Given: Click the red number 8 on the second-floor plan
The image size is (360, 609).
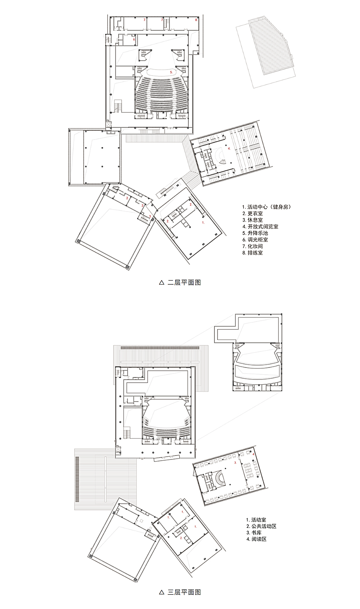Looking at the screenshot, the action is point(196,20).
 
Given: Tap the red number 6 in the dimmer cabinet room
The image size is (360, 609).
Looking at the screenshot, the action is point(134,39).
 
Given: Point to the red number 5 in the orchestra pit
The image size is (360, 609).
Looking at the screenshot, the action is point(171,72).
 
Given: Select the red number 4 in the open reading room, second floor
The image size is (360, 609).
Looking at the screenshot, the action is point(229,148).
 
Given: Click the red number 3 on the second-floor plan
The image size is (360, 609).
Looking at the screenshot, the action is point(150,216).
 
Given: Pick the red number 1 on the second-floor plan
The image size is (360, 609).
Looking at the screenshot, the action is point(203,222).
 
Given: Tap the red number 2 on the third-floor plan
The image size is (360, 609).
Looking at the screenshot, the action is point(181,538).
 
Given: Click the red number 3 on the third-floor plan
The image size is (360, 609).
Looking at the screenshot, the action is point(236,463).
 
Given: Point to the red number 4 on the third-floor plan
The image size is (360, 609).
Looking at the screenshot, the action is point(254,454).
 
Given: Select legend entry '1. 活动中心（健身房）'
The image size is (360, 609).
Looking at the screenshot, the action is point(266,207).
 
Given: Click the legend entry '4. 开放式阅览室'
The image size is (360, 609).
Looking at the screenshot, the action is point(260,226).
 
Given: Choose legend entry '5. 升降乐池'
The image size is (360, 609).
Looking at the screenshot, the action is point(255,233).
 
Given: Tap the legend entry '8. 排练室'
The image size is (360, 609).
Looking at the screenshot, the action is point(252,253).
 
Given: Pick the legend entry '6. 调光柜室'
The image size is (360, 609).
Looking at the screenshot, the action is point(255,240).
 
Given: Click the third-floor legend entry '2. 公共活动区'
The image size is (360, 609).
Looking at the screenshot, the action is point(261,526).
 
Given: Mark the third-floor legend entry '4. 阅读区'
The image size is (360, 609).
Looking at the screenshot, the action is point(256,539).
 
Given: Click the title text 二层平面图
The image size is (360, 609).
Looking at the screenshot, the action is point(184,282).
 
